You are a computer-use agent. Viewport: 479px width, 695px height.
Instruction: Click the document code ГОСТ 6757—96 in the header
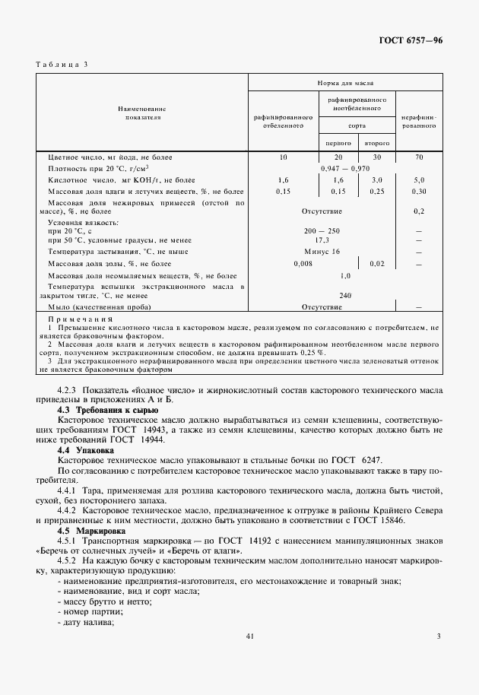[x=411, y=41]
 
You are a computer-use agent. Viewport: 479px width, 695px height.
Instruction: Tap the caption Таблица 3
[x=62, y=64]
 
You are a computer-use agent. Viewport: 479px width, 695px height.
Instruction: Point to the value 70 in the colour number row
[x=418, y=157]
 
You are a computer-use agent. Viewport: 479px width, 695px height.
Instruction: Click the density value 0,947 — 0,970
[x=345, y=168]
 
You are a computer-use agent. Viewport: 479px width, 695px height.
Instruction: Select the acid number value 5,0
[x=418, y=179]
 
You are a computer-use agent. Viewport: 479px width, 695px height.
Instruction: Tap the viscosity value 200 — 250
[x=322, y=230]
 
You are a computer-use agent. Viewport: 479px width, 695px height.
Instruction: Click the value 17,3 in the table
[x=322, y=240]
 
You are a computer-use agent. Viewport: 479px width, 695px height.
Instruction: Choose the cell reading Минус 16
[x=322, y=251]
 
